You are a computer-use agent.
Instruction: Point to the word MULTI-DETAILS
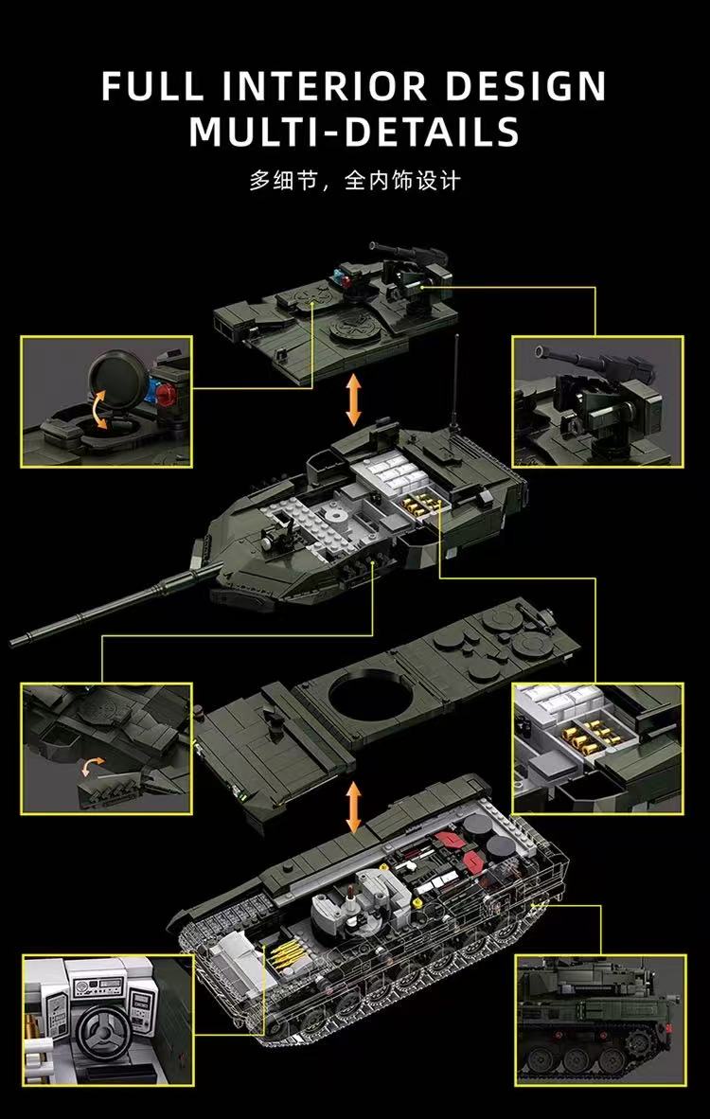click(354, 132)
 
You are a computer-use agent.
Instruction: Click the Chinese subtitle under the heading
click(354, 180)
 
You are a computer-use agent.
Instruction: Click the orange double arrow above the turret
click(354, 400)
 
